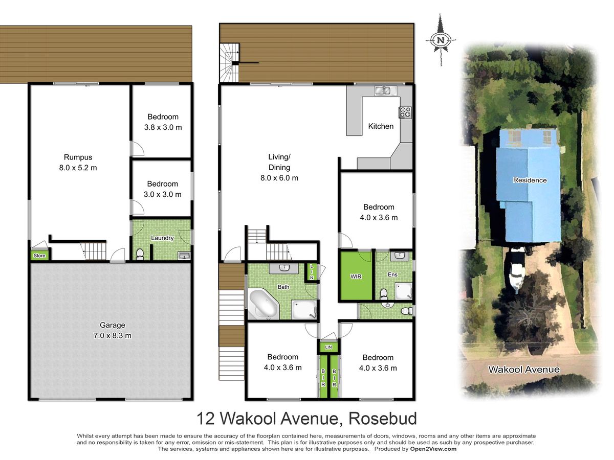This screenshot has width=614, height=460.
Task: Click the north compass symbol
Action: point(441,40)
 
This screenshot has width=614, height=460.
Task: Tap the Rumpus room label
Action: point(78,157)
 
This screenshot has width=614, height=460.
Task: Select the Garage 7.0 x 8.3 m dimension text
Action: point(112,335)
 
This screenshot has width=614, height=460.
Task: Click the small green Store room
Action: point(39,256)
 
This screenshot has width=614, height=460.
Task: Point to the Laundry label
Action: point(162,238)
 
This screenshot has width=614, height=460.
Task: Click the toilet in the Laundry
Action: point(140,254)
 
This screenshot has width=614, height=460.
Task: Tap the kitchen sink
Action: point(385,90)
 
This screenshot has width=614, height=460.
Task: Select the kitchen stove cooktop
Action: point(405,112)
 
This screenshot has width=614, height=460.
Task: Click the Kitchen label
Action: point(381,126)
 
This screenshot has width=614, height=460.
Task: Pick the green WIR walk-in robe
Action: point(356,275)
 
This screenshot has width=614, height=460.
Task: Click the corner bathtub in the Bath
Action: point(263,305)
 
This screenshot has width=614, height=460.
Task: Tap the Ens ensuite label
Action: point(392,274)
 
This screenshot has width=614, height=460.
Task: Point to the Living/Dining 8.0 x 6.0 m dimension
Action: point(279,178)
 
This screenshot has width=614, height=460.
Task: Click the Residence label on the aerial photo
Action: point(530,180)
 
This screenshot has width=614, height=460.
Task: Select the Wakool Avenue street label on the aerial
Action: point(523,370)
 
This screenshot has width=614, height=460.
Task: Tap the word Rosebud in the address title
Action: point(382,419)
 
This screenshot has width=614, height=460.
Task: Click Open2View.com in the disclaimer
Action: point(433,449)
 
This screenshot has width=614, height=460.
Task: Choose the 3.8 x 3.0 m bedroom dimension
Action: point(163,127)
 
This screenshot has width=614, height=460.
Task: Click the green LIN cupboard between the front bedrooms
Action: point(328,347)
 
